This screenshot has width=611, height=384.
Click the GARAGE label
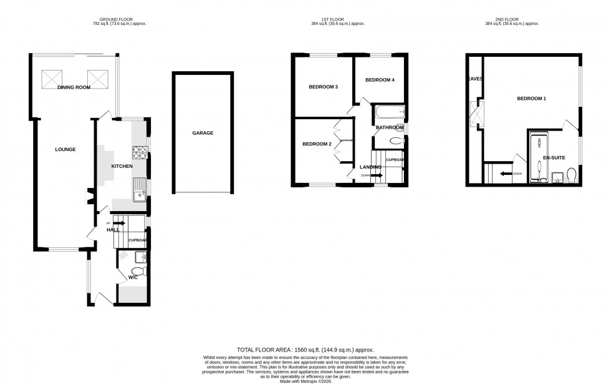coord(203,133)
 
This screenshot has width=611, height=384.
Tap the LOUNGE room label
coord(65,149)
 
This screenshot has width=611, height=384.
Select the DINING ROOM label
coord(74,88)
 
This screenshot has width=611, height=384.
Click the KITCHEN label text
coord(122,166)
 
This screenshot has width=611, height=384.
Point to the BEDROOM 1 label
coord(531,99)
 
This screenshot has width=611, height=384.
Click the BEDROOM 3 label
coord(324,86)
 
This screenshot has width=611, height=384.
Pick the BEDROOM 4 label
coord(380,80)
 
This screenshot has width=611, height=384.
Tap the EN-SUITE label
coord(554,158)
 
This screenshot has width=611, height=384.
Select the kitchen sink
coord(139,189)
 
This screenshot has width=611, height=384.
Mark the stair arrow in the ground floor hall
coord(120,222)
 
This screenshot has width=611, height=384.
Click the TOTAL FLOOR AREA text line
coord(305,350)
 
